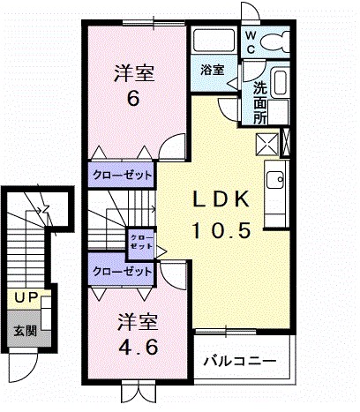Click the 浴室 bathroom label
pyautogui.click(x=211, y=70)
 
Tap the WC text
pyautogui.click(x=251, y=41)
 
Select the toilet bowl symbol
pyautogui.click(x=276, y=41)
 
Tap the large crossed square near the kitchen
pyautogui.click(x=266, y=143)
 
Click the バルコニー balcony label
pyautogui.click(x=240, y=362)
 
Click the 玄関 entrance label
pyautogui.click(x=24, y=332)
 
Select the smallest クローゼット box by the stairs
pyautogui.click(x=140, y=241)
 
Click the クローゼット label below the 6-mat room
pyautogui.click(x=121, y=174)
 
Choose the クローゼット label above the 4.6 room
pyautogui.click(x=119, y=271)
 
